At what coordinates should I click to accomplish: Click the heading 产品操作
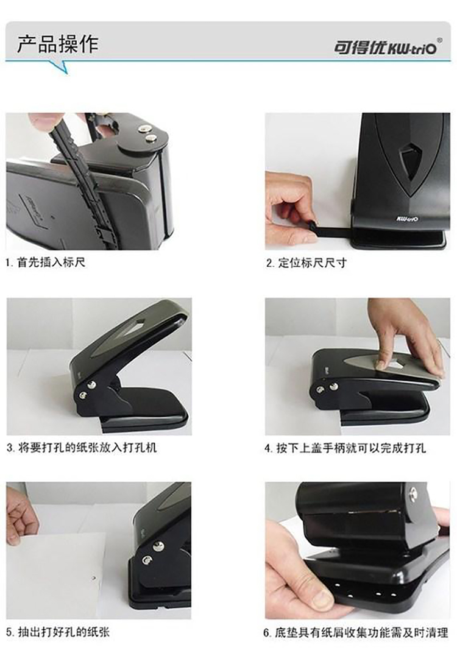pyautogui.click(x=58, y=44)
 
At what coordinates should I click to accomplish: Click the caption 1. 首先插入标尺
pyautogui.click(x=46, y=262)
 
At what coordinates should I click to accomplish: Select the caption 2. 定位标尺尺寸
pyautogui.click(x=306, y=263)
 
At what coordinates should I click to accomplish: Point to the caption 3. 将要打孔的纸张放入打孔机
pyautogui.click(x=82, y=448)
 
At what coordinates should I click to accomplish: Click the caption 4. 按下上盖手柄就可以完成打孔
pyautogui.click(x=345, y=448)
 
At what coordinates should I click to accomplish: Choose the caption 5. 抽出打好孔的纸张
pyautogui.click(x=58, y=632)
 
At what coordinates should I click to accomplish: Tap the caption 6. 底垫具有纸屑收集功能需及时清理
pyautogui.click(x=356, y=632)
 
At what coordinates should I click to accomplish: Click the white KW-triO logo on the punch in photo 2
pyautogui.click(x=408, y=219)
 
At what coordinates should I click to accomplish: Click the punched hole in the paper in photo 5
pyautogui.click(x=94, y=578)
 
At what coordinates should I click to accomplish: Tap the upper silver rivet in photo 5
pyautogui.click(x=158, y=546)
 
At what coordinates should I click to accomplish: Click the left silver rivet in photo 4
pyautogui.click(x=320, y=389)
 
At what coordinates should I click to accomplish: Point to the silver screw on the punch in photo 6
pyautogui.click(x=413, y=494)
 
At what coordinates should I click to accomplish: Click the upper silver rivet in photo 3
pyautogui.click(x=91, y=385)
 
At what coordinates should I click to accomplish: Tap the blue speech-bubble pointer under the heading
pyautogui.click(x=60, y=67)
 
